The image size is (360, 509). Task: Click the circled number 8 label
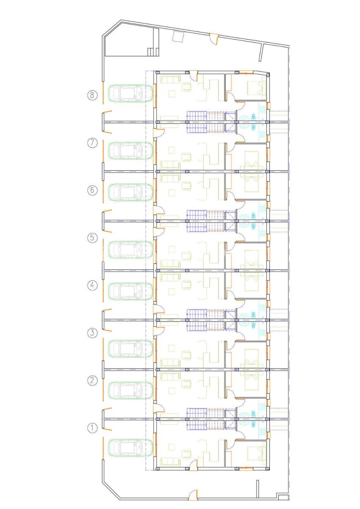(x=92, y=95)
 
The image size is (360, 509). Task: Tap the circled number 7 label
(x=92, y=143)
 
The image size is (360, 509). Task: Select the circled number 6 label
(x=92, y=190)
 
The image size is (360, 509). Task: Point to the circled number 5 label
(x=92, y=238)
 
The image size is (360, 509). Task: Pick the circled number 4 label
(x=92, y=285)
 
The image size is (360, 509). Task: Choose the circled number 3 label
(x=92, y=333)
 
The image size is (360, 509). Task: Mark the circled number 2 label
(x=92, y=380)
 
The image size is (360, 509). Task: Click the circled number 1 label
(x=92, y=428)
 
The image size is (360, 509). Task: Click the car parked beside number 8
(x=130, y=93)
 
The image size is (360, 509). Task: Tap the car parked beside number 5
(x=130, y=249)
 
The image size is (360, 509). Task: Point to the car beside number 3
(x=130, y=349)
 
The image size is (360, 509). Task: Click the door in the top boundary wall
(x=214, y=39)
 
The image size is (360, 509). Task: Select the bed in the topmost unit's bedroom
(x=256, y=87)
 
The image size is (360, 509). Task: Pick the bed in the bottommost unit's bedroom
(x=256, y=448)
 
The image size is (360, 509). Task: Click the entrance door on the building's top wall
(x=194, y=76)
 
